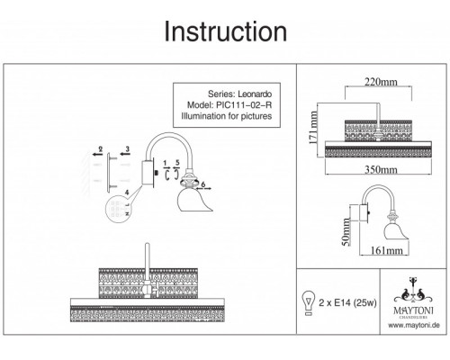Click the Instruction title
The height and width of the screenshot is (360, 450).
click(x=226, y=31)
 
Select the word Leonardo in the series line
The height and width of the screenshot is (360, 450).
click(x=255, y=94)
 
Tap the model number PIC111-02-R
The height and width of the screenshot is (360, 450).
click(x=244, y=105)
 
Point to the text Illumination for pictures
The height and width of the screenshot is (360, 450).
click(x=227, y=116)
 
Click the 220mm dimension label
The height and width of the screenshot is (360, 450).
click(x=381, y=82)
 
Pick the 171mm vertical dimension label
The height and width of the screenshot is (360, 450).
click(x=313, y=128)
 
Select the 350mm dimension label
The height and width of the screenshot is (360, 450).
click(x=381, y=170)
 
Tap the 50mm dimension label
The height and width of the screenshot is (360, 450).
click(x=346, y=232)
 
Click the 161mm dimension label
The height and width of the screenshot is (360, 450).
click(x=387, y=250)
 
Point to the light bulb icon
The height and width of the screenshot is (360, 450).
click(x=309, y=302)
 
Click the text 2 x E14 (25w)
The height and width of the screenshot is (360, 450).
click(x=347, y=302)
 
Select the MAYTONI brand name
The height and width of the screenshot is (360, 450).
click(x=413, y=310)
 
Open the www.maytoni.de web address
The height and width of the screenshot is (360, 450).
click(x=414, y=325)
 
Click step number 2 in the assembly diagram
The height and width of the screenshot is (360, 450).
click(x=101, y=148)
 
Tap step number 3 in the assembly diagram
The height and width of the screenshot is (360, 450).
click(x=128, y=148)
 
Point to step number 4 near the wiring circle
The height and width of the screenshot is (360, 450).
click(x=127, y=193)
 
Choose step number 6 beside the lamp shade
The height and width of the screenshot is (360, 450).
click(x=203, y=184)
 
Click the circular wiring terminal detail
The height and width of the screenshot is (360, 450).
click(x=119, y=209)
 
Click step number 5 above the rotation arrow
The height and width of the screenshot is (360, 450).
click(x=177, y=162)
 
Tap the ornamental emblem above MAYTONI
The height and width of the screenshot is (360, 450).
click(x=413, y=290)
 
